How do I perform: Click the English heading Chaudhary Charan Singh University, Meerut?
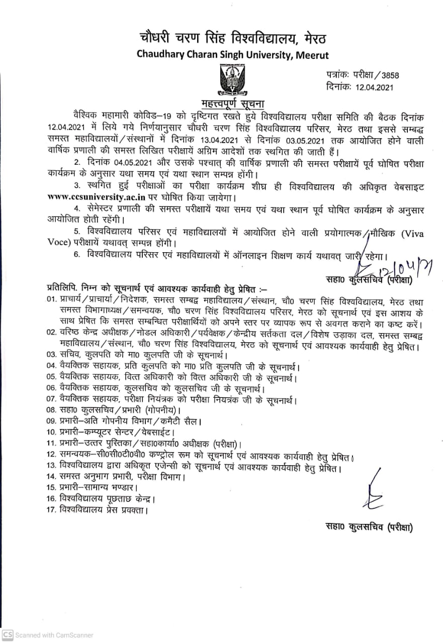[x=233, y=55]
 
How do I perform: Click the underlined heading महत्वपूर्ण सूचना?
[x=222, y=104]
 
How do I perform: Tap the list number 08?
[x=51, y=410]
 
